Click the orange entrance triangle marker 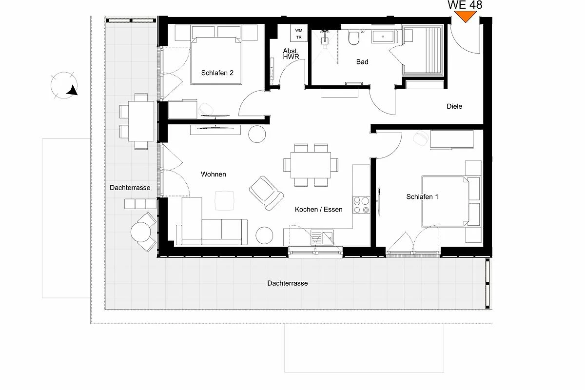point(465,16)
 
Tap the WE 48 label point(465,5)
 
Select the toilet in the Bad point(354,38)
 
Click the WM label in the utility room point(299,30)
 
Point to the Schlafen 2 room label point(217,73)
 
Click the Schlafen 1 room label point(422,196)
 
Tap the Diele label point(454,106)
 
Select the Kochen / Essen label point(319,209)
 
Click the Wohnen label point(214,174)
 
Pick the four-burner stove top point(361,205)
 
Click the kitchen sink point(322,238)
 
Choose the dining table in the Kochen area point(311,165)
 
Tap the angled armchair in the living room point(266,193)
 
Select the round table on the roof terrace point(141,232)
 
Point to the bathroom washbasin point(383,37)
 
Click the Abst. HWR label point(291,54)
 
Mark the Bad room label point(362,62)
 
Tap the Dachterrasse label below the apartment point(288,283)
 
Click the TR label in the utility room point(299,38)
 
